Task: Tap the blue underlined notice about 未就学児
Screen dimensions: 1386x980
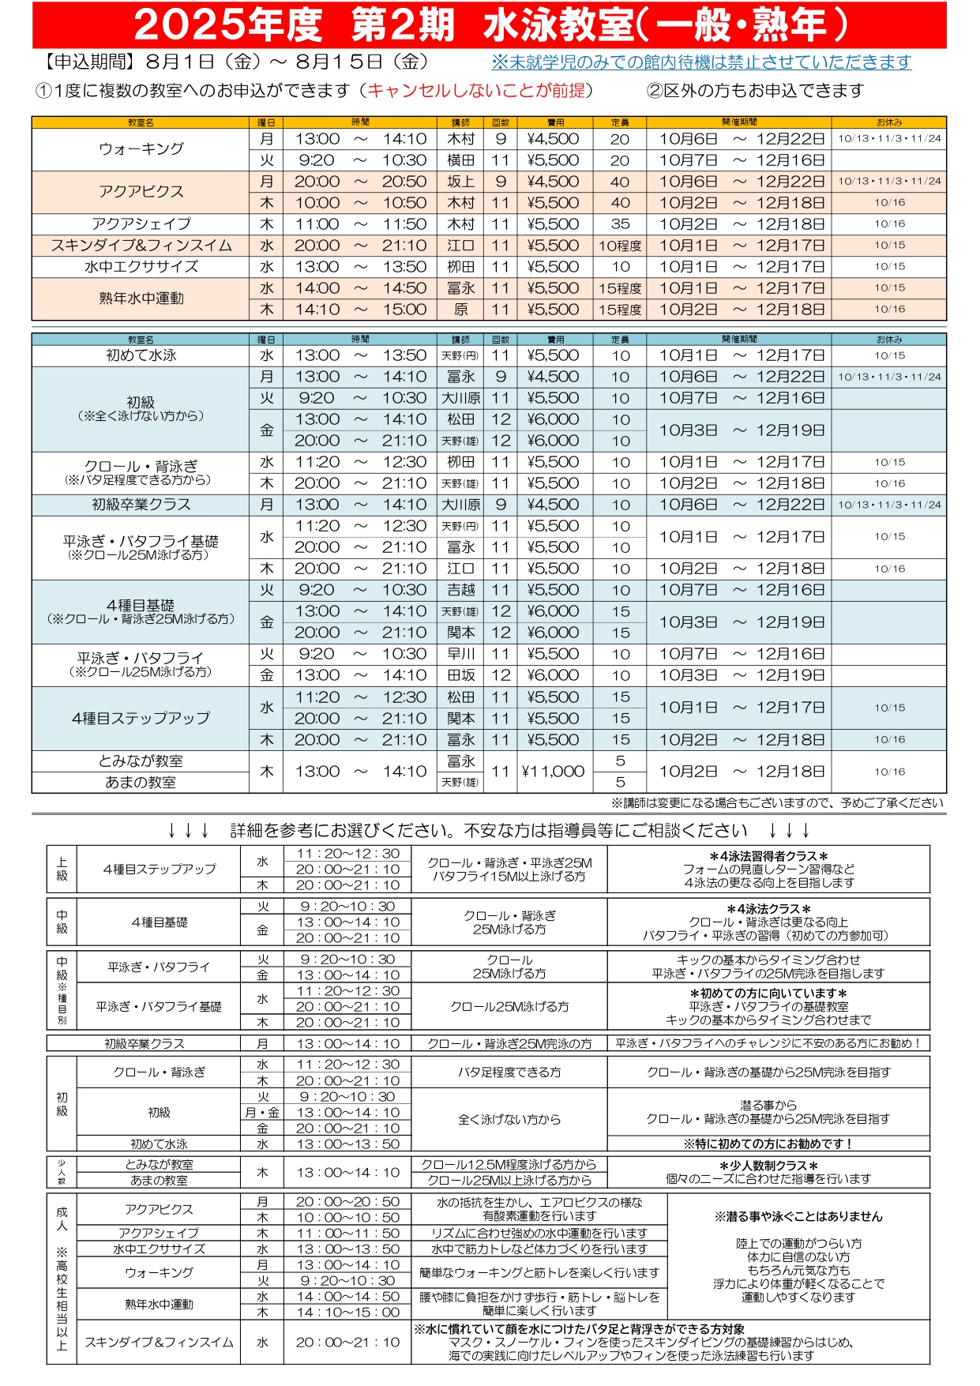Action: point(700,62)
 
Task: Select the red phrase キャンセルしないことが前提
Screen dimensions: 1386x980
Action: point(476,91)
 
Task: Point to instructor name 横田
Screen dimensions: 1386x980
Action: point(460,160)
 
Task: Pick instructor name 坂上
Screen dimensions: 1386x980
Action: point(460,182)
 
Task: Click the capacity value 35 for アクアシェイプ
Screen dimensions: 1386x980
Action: point(620,224)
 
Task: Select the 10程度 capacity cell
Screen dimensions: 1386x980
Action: point(620,246)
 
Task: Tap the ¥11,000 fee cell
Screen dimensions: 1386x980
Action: point(553,772)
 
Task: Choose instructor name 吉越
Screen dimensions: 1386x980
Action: point(460,590)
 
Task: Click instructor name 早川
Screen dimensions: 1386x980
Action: point(460,654)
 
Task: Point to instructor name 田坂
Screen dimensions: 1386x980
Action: point(460,675)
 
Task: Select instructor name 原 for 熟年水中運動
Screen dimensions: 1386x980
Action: point(460,310)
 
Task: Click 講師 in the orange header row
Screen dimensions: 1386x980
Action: point(460,122)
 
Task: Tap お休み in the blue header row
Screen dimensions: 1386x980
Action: point(889,340)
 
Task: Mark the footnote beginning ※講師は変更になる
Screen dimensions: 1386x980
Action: point(777,803)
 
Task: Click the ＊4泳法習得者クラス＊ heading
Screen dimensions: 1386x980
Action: point(768,856)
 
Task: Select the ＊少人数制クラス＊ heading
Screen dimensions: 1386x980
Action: point(768,1166)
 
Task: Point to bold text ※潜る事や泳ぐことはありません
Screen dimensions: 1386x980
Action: point(798,1217)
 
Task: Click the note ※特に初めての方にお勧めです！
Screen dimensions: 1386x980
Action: point(768,1144)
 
